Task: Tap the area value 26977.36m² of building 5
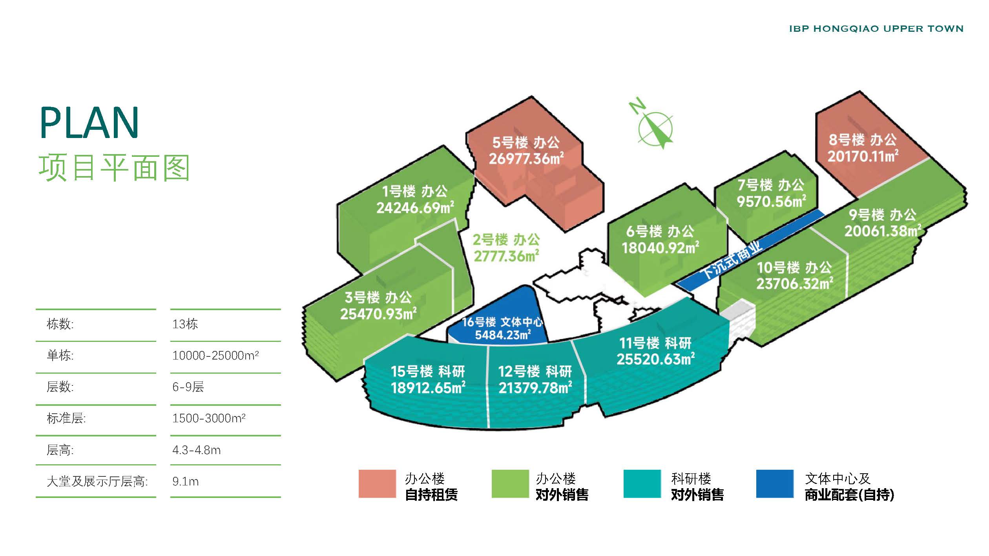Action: point(526,158)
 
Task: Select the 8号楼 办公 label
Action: point(863,140)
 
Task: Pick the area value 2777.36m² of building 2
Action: point(506,256)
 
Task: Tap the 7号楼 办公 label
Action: point(771,185)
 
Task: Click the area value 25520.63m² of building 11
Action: point(655,359)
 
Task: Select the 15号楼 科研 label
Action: point(427,371)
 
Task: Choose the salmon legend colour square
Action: point(377,483)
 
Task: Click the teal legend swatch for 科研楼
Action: point(642,483)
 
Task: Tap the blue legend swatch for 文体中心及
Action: point(775,483)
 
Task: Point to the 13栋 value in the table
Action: point(185,324)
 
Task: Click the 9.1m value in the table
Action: point(185,481)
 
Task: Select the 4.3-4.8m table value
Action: point(196,450)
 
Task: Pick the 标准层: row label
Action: point(66,418)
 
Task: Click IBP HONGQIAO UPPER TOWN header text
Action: point(876,29)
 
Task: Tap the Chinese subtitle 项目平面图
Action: point(114,168)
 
